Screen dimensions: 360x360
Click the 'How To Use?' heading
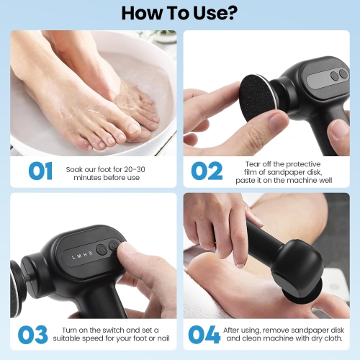coord(180,12)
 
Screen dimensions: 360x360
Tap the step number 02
coord(206,171)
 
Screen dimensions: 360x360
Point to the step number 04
coord(205,334)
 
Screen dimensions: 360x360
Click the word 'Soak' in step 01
coord(73,166)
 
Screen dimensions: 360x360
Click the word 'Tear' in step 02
coord(254,163)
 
